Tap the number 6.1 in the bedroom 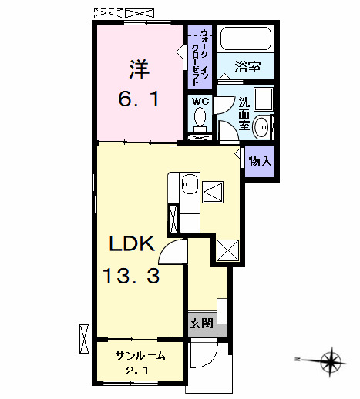pyautogui.click(x=139, y=100)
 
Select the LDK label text pyautogui.click(x=132, y=246)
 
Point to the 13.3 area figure pyautogui.click(x=132, y=276)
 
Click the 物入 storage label pyautogui.click(x=260, y=162)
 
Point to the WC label pyautogui.click(x=199, y=101)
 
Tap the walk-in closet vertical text pyautogui.click(x=200, y=54)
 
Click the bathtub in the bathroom pyautogui.click(x=245, y=40)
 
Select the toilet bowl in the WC pyautogui.click(x=199, y=118)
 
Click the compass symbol pyautogui.click(x=331, y=359)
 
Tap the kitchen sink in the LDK pyautogui.click(x=189, y=186)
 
